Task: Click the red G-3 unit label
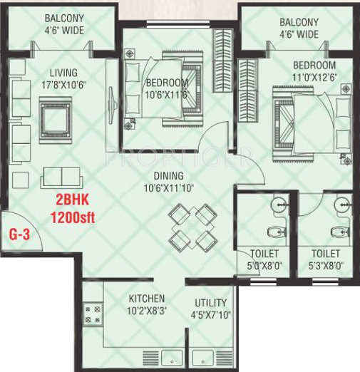coord(19,234)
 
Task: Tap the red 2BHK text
coord(73,200)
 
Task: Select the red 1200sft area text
coord(73,217)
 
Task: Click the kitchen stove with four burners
coord(93,314)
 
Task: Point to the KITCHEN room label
coord(147,299)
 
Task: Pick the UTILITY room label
coord(211,303)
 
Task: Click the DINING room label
coord(169,176)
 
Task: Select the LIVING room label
coord(63,73)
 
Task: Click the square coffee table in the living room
coord(56,120)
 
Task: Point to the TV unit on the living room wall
coord(112,105)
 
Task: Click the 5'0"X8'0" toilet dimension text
coord(264,266)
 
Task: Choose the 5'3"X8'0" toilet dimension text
coord(326,266)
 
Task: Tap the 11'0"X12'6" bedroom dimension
coord(314,77)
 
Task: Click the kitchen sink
coord(172,358)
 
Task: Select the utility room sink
coord(202,358)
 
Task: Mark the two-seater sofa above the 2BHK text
coord(61,177)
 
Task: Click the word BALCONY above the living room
coord(64,19)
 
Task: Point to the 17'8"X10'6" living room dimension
coord(63,85)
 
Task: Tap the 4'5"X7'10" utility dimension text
coord(211,315)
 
